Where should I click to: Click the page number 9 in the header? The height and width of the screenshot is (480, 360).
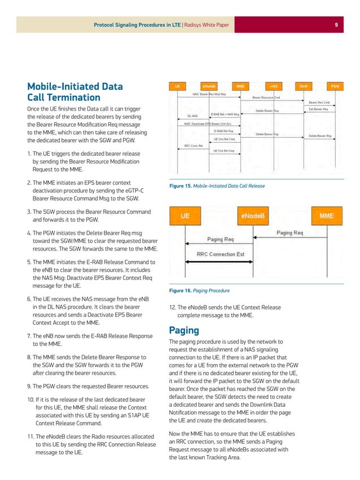click(x=336, y=24)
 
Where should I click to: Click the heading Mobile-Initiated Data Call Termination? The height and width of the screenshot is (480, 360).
click(x=74, y=93)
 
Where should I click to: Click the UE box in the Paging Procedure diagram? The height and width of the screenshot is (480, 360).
click(x=185, y=215)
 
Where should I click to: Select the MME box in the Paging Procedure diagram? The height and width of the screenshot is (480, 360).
click(x=326, y=215)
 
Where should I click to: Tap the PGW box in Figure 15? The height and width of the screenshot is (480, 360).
click(x=335, y=86)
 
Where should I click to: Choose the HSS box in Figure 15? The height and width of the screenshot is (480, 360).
click(x=274, y=86)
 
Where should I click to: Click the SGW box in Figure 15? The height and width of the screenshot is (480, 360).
click(x=304, y=86)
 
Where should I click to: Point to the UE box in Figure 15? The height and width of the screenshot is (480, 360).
click(x=177, y=86)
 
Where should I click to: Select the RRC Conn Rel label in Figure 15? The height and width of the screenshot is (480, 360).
click(x=194, y=145)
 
